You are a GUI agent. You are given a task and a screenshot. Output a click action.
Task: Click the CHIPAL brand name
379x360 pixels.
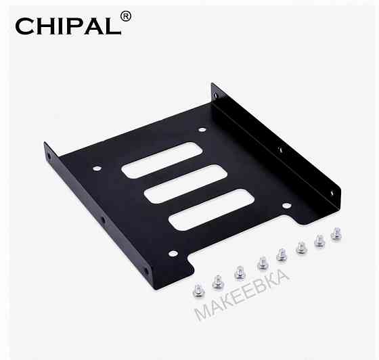point(64,25)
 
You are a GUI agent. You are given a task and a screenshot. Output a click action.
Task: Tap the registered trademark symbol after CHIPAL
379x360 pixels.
point(125,16)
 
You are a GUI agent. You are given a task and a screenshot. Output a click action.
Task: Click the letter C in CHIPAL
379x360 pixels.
point(24,26)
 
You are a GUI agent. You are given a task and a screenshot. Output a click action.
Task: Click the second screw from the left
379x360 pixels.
point(218,280)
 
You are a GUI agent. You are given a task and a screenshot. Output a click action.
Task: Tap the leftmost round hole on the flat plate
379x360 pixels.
point(97,168)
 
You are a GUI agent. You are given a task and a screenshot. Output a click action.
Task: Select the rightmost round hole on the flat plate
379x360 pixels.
point(286,206)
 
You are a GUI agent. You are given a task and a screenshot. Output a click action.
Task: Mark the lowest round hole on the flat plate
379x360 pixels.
point(173,252)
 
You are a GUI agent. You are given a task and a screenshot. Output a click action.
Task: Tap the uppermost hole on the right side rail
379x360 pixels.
point(217,95)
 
